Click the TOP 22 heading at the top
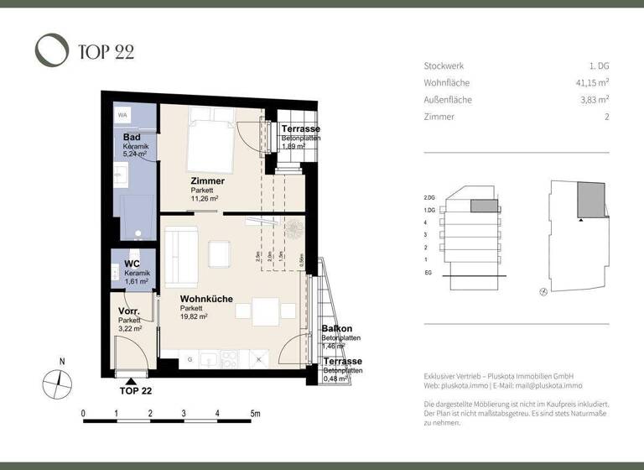pyautogui.click(x=105, y=52)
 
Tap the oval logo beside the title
pyautogui.click(x=51, y=50)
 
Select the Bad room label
pyautogui.click(x=131, y=138)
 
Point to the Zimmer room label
pyautogui.click(x=207, y=181)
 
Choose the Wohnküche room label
pyautogui.click(x=206, y=299)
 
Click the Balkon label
pyautogui.click(x=336, y=328)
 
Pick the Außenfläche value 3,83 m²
pyautogui.click(x=593, y=100)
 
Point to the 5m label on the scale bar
pyautogui.click(x=255, y=414)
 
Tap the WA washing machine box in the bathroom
pyautogui.click(x=122, y=115)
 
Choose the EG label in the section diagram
pyautogui.click(x=428, y=273)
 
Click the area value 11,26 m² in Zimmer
pyautogui.click(x=205, y=199)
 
